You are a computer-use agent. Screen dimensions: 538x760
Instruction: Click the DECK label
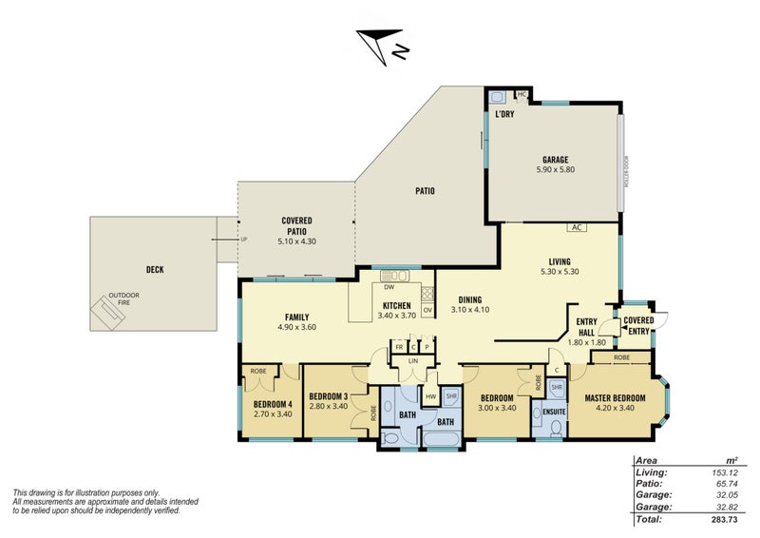click(x=154, y=270)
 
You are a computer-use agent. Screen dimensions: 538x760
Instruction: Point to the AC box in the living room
click(x=576, y=228)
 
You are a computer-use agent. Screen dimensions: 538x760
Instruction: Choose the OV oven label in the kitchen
click(x=427, y=310)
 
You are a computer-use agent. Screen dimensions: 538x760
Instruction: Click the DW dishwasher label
click(x=389, y=286)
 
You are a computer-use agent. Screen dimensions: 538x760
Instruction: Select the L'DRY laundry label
click(x=504, y=115)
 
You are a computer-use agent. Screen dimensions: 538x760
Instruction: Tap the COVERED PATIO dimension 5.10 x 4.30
click(x=297, y=241)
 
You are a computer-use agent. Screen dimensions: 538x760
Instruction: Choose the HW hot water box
click(x=431, y=396)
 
